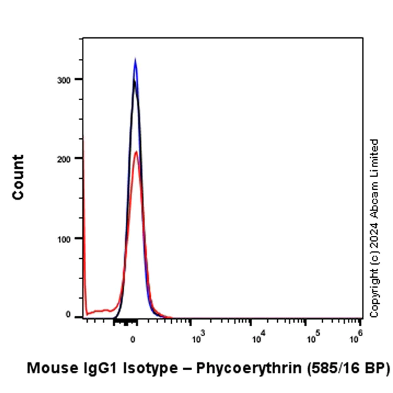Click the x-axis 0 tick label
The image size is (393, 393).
click(x=133, y=340)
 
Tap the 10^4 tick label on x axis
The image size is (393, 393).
click(x=257, y=339)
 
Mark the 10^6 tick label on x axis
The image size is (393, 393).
click(x=357, y=339)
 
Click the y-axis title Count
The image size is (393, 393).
click(x=18, y=177)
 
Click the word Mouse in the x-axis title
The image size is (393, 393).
click(x=49, y=369)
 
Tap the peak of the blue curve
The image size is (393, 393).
click(x=135, y=59)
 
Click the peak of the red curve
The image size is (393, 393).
click(x=136, y=152)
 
